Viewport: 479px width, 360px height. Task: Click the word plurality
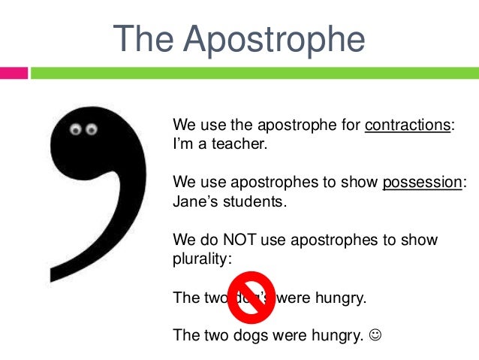point(201,259)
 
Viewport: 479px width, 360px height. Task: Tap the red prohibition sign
point(251,295)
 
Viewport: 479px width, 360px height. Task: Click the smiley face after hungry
point(377,335)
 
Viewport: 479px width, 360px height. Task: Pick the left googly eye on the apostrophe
point(75,130)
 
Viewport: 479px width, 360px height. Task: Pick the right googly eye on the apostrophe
point(92,130)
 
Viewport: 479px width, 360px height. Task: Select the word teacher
point(239,143)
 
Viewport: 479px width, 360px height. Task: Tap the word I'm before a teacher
point(183,143)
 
